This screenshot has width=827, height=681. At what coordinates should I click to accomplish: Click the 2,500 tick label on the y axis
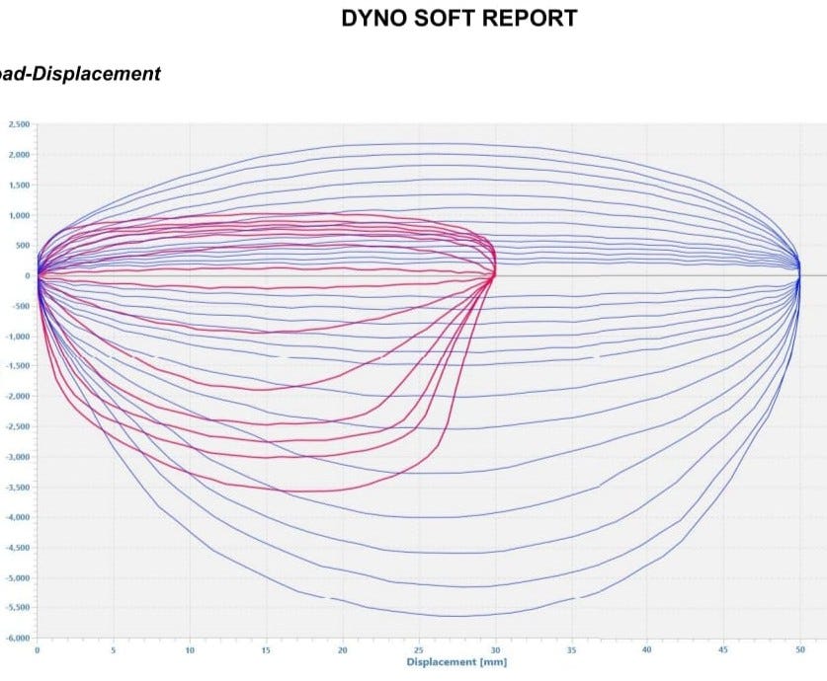tap(19, 124)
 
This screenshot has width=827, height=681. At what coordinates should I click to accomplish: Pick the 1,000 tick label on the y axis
tap(19, 215)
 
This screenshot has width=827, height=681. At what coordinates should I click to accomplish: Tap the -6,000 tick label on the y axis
tap(18, 638)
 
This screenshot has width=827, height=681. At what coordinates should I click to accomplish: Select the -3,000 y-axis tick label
tap(18, 457)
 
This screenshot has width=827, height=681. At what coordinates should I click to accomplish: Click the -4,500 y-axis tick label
tap(18, 547)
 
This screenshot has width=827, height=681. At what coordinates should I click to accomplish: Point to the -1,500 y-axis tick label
tap(18, 366)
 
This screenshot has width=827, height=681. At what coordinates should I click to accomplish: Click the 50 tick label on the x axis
tap(800, 650)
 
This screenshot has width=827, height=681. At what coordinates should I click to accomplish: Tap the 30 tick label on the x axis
tap(495, 650)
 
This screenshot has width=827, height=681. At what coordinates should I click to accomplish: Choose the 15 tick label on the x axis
tap(266, 650)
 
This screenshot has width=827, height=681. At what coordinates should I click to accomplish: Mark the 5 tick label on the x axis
tap(114, 650)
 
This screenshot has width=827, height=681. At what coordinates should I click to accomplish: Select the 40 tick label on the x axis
tap(647, 650)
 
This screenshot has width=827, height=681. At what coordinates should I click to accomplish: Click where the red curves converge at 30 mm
tap(494, 274)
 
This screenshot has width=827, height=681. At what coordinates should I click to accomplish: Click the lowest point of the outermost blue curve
tap(450, 616)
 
